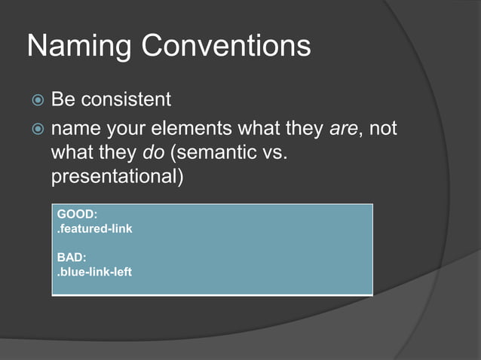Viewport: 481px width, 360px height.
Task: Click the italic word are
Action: point(343,130)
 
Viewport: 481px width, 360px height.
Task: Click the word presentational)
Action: point(118,180)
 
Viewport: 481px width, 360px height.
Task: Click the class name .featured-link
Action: point(95,228)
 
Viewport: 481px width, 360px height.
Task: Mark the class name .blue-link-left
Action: point(95,271)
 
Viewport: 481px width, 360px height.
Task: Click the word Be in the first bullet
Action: point(62,99)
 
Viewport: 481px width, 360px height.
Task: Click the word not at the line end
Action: point(383,130)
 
